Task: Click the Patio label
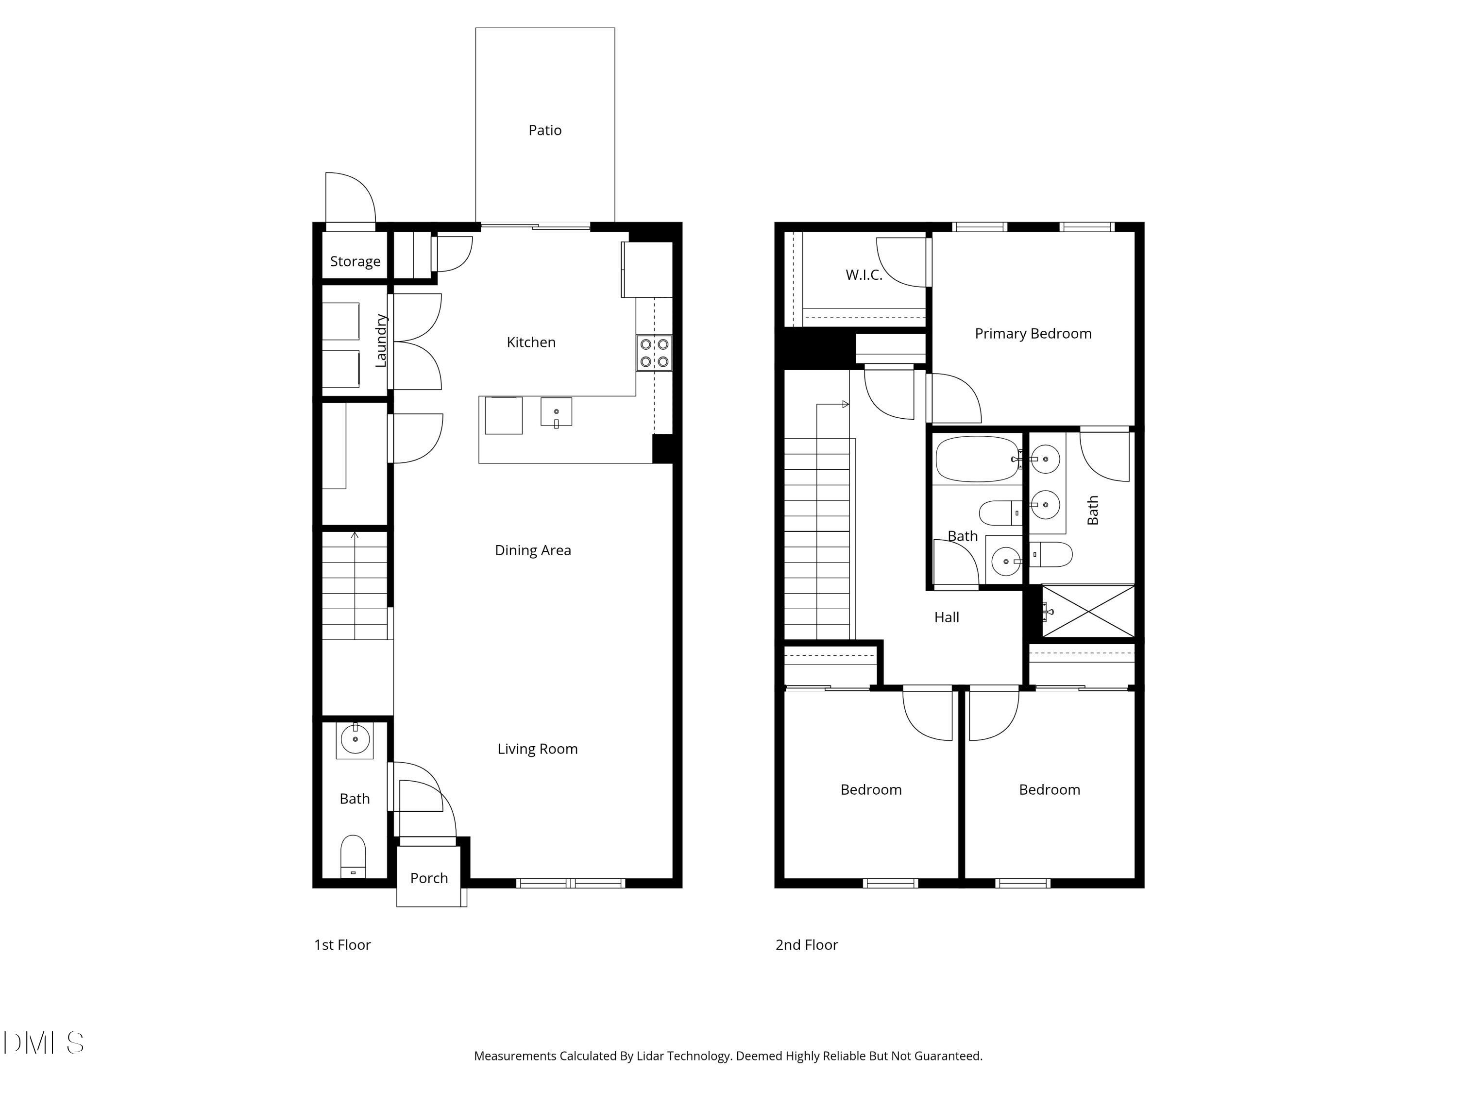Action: [545, 131]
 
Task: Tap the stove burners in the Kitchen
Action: [654, 353]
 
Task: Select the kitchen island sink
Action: [556, 412]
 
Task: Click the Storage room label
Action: [355, 261]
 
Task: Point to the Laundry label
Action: [381, 341]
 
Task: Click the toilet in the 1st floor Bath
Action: [353, 856]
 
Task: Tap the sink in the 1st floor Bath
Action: [355, 740]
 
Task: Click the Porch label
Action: [429, 878]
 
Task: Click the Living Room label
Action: [538, 749]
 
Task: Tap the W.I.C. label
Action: [864, 275]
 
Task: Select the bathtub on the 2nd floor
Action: [977, 459]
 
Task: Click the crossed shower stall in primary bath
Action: [1088, 612]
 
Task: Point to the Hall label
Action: [947, 618]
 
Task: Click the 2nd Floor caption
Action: [806, 945]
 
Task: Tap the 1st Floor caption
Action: [342, 945]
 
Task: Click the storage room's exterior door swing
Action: [351, 198]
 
